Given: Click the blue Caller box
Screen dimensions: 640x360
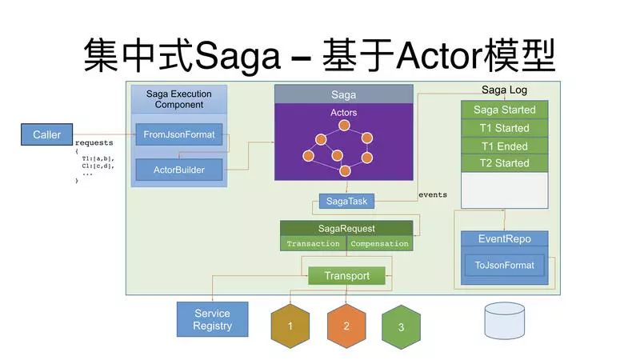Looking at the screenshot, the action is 47,134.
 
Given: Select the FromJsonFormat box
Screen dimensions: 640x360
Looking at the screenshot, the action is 179,134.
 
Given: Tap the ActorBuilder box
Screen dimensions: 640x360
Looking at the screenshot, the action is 179,170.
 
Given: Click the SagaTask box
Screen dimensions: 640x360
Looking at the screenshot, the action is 346,201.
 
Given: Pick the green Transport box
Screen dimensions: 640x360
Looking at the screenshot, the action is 346,275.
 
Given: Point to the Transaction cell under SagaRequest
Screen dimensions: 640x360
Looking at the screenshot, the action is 313,244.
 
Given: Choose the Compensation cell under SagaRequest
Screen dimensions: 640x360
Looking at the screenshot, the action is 379,244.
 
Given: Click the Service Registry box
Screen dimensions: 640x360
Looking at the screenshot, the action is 212,319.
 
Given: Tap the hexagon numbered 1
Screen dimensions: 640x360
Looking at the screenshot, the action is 290,326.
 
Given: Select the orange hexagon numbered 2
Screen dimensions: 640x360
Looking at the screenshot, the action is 346,326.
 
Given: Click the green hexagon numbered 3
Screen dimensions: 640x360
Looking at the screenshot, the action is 402,327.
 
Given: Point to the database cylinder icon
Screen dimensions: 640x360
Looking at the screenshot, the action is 505,321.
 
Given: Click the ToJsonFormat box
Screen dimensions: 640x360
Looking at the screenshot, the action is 505,266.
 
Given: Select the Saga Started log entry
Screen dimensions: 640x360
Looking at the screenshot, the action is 505,110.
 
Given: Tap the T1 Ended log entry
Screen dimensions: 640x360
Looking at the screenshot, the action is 505,146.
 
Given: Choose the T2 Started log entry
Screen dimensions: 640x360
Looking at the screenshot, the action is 505,163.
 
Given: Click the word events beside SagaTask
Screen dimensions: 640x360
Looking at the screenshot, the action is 433,194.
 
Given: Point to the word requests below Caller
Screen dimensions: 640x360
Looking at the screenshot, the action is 94,143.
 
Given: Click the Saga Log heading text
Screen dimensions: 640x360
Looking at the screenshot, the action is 504,90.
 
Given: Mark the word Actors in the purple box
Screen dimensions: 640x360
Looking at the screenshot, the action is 344,112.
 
